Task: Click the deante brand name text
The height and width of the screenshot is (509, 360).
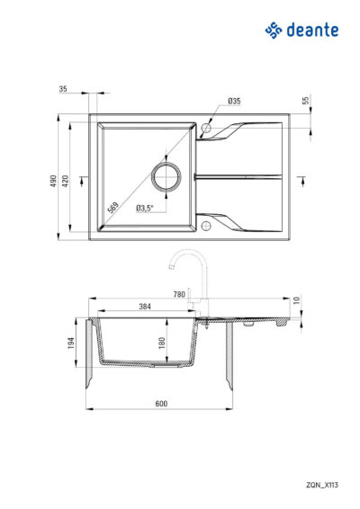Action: point(312,30)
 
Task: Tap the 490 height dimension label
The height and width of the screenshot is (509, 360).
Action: point(53,181)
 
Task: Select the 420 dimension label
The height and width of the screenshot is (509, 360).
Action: point(66,181)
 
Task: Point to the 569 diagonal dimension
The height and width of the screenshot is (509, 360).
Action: point(113,208)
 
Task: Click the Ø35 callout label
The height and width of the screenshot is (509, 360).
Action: point(234,101)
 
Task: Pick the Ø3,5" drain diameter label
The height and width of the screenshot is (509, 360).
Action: point(145,208)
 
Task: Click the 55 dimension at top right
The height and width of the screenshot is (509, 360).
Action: point(306,101)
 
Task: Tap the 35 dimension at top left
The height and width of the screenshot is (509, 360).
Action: point(63,89)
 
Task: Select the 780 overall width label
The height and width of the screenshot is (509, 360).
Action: point(179,294)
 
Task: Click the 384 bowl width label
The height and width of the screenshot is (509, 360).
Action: point(145,306)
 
